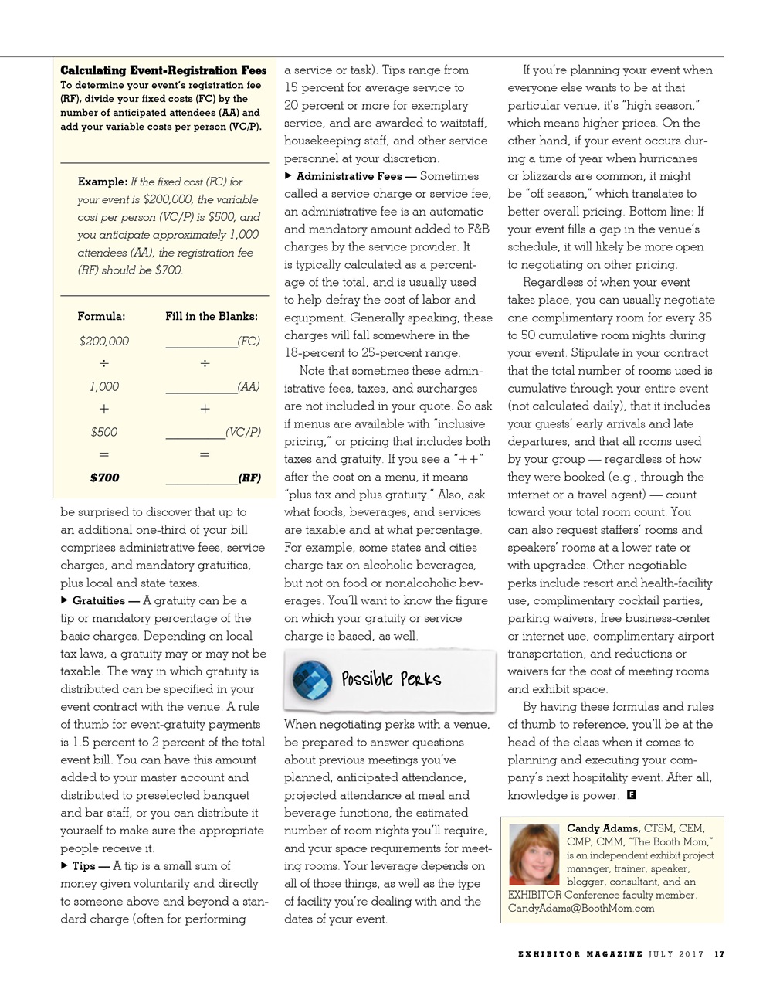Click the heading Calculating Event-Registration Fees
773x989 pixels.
164,70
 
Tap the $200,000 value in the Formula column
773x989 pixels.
104,341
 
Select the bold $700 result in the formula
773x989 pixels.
104,478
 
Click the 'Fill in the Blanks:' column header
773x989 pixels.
212,316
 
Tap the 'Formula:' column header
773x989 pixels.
101,316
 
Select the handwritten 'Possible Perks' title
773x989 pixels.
392,679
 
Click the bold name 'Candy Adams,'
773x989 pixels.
603,828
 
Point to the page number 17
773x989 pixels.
719,954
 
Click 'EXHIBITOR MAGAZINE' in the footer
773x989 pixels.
580,954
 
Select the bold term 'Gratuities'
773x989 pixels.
98,601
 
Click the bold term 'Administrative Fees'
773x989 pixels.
349,176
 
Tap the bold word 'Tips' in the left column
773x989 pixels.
86,866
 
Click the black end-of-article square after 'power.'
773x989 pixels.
632,795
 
